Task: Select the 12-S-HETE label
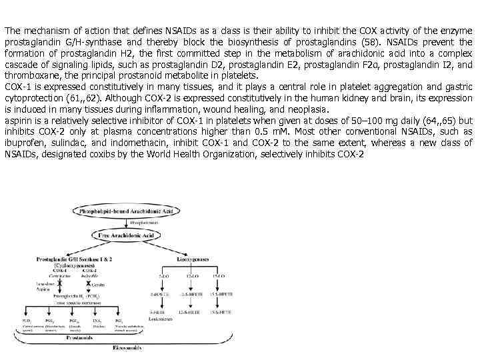pos(190,312)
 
